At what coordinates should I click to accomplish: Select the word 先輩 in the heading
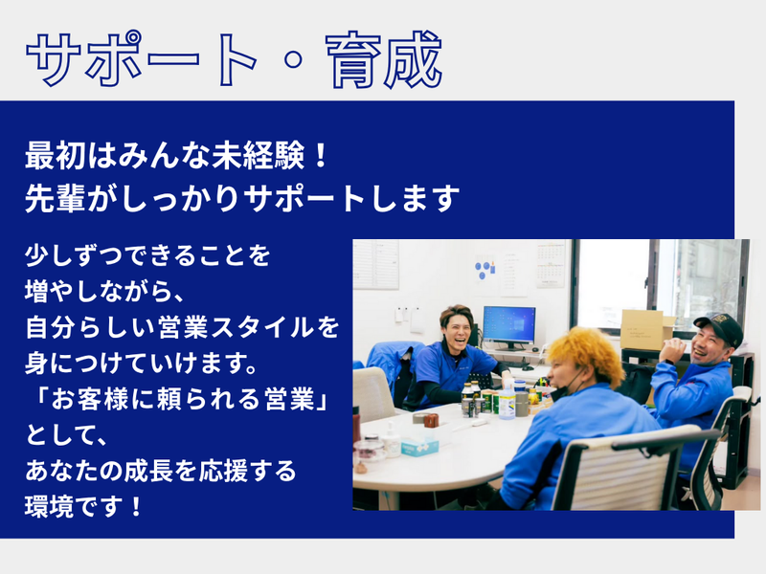pos(52,199)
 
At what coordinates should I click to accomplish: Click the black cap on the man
pos(720,327)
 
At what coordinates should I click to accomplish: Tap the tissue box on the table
pos(420,441)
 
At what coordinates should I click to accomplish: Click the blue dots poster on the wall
pos(485,270)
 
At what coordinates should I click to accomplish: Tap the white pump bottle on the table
pos(391,440)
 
